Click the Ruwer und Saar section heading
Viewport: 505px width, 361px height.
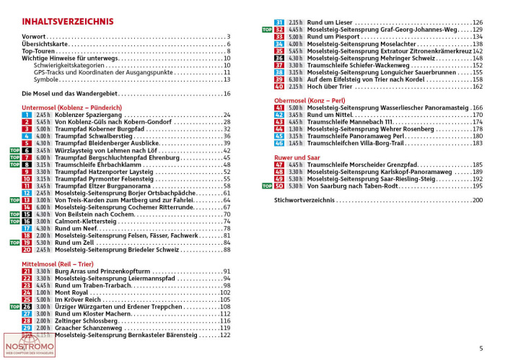point(297,157)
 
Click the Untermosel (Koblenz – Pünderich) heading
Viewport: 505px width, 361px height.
point(71,107)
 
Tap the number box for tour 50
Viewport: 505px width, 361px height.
point(279,186)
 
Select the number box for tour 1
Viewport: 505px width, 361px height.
point(27,115)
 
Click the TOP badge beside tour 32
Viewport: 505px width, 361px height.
point(264,30)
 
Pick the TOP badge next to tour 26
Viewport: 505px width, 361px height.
point(13,306)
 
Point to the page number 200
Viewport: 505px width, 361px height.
point(477,199)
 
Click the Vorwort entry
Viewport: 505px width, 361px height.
point(34,36)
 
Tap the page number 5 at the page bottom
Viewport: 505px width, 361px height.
point(480,349)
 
